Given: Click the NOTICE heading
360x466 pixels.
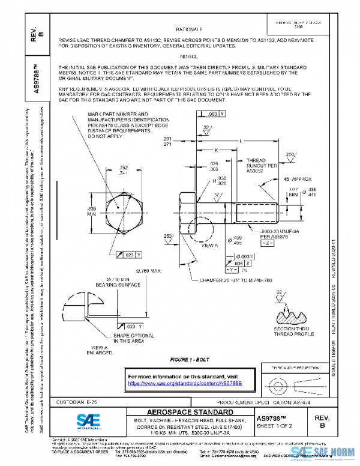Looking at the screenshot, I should click(189, 55).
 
